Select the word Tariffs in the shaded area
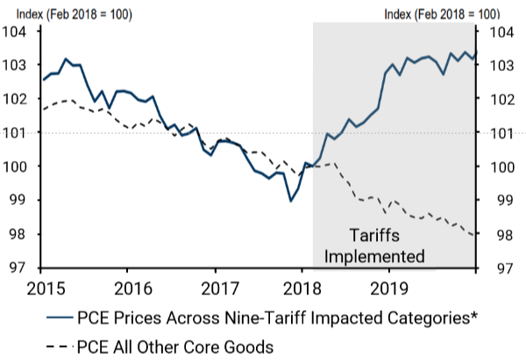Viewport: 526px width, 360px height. (375, 236)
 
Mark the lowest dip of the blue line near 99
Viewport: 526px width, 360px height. (291, 201)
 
